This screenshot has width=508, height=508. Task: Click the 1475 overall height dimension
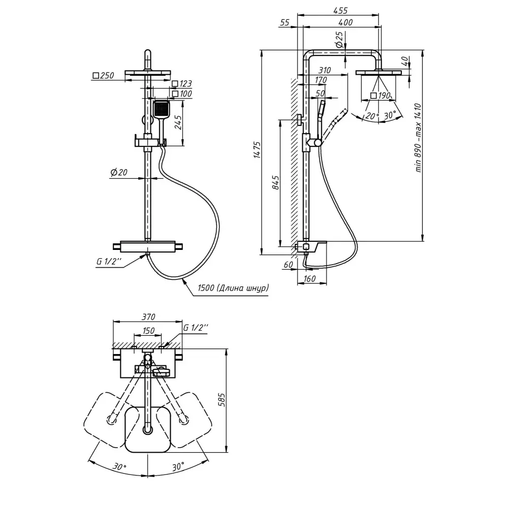coord(257,151)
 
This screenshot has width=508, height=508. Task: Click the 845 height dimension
coord(276,182)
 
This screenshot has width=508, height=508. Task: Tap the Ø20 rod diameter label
coord(118,173)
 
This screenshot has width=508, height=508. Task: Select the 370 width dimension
coord(148,317)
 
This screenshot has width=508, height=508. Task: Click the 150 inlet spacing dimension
coord(148,331)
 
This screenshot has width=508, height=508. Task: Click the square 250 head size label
coord(103,76)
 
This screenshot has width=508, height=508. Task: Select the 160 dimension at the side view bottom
coord(310,278)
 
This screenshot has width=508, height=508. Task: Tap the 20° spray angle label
coord(372,115)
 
